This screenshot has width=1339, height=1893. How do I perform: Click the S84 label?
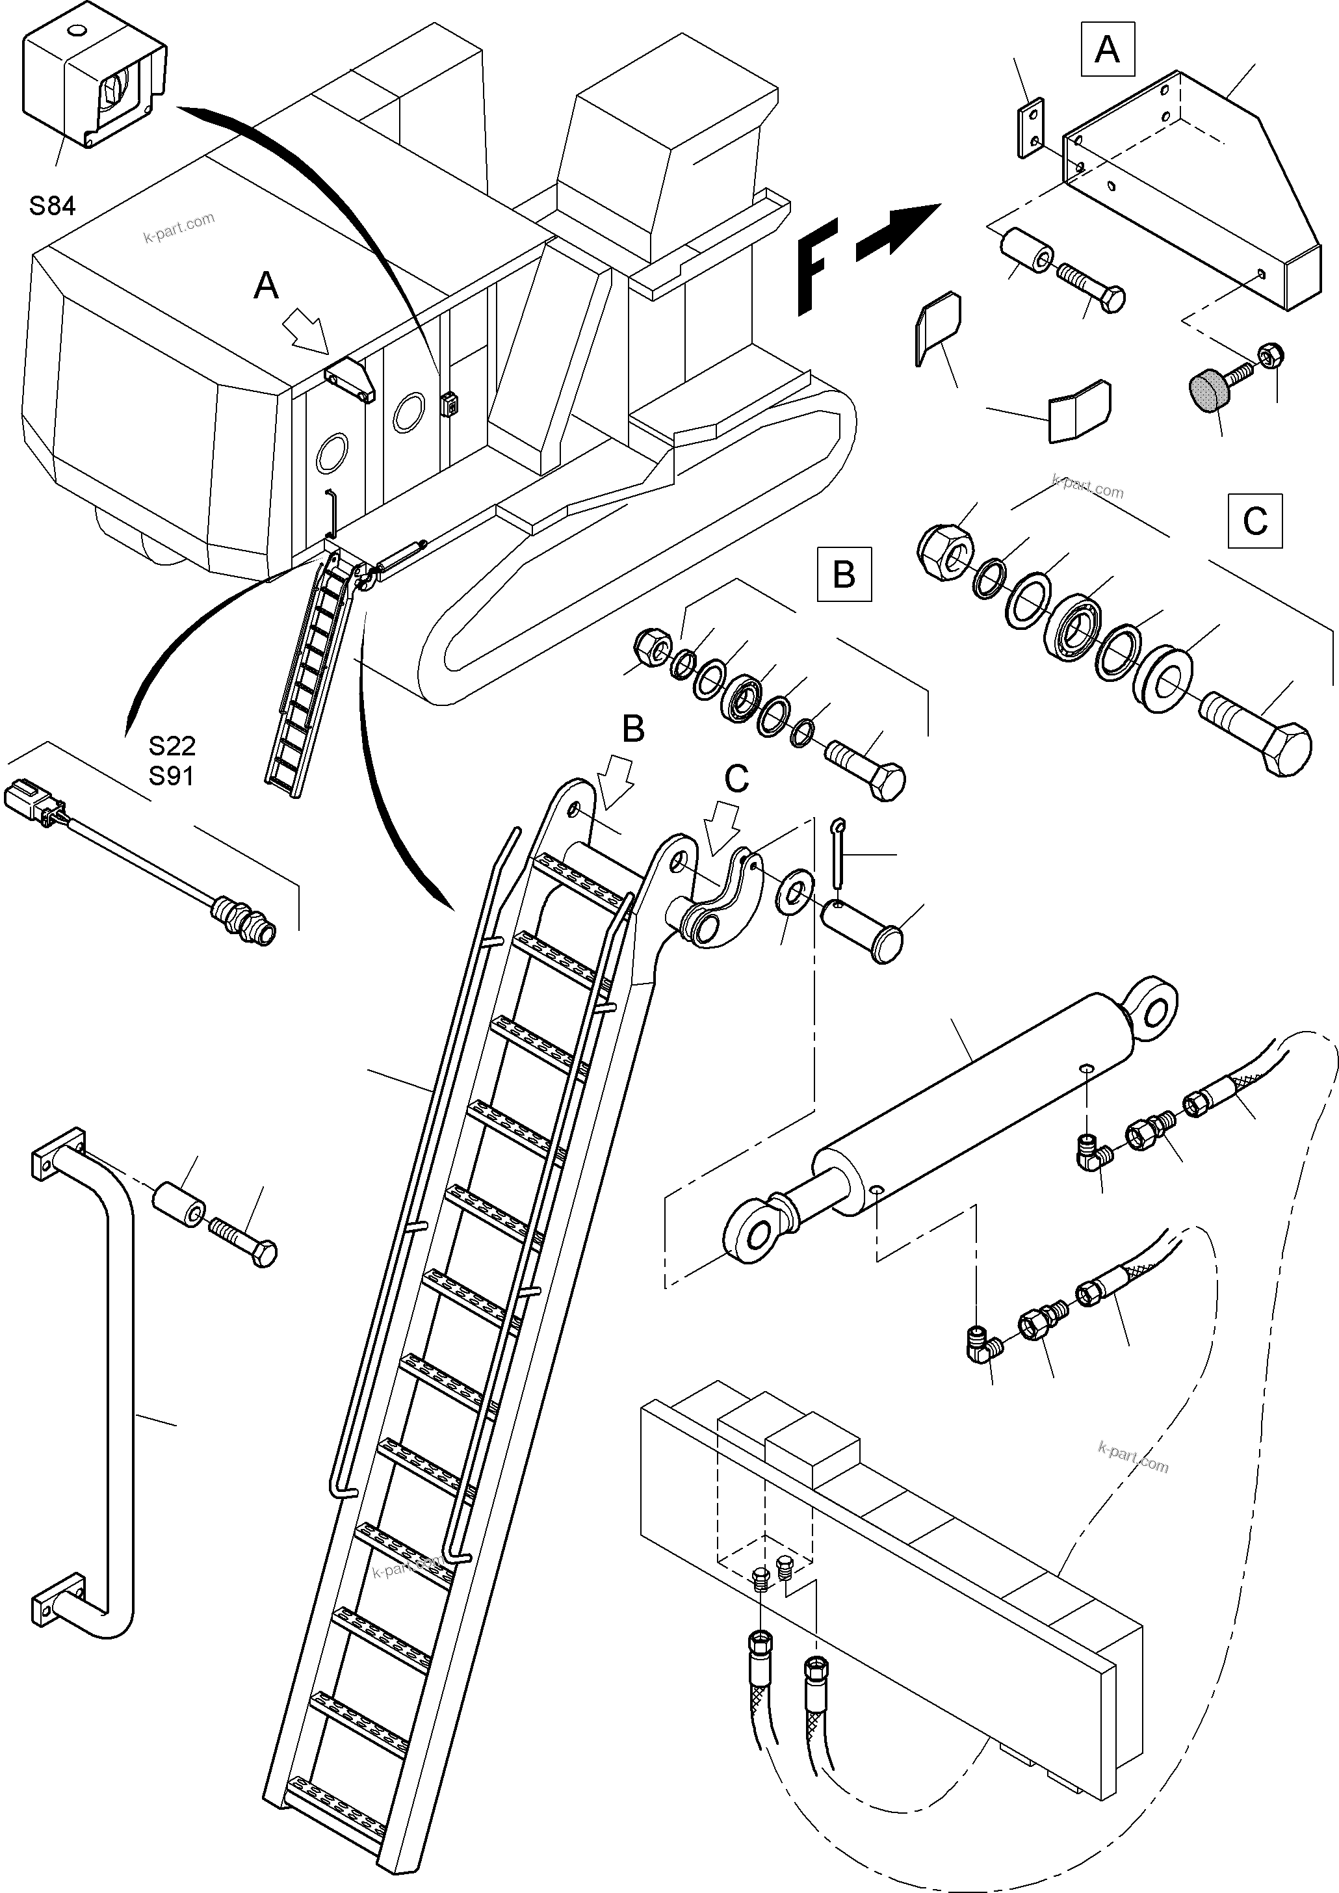[52, 205]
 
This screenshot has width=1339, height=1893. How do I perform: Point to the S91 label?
[172, 776]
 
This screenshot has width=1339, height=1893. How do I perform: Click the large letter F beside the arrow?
[816, 265]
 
